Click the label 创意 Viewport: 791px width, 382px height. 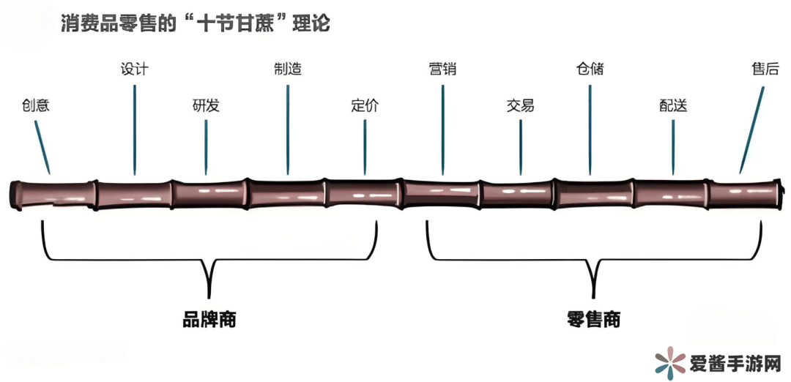tap(36, 105)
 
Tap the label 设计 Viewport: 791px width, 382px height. tap(134, 69)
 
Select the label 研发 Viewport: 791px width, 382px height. tap(206, 105)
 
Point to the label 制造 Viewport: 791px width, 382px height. tap(287, 69)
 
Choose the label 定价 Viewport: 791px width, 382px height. tap(365, 105)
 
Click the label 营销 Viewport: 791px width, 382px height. tap(442, 69)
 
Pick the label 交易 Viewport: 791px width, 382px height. tap(520, 105)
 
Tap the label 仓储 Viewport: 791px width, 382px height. tap(590, 69)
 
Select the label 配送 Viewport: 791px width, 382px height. tap(673, 105)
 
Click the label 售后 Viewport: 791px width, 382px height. tap(763, 69)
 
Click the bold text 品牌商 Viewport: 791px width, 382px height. tap(209, 320)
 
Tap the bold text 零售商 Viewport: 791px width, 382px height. tap(593, 320)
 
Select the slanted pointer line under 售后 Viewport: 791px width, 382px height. tap(752, 130)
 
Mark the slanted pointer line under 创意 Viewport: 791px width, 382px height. tap(43, 146)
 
